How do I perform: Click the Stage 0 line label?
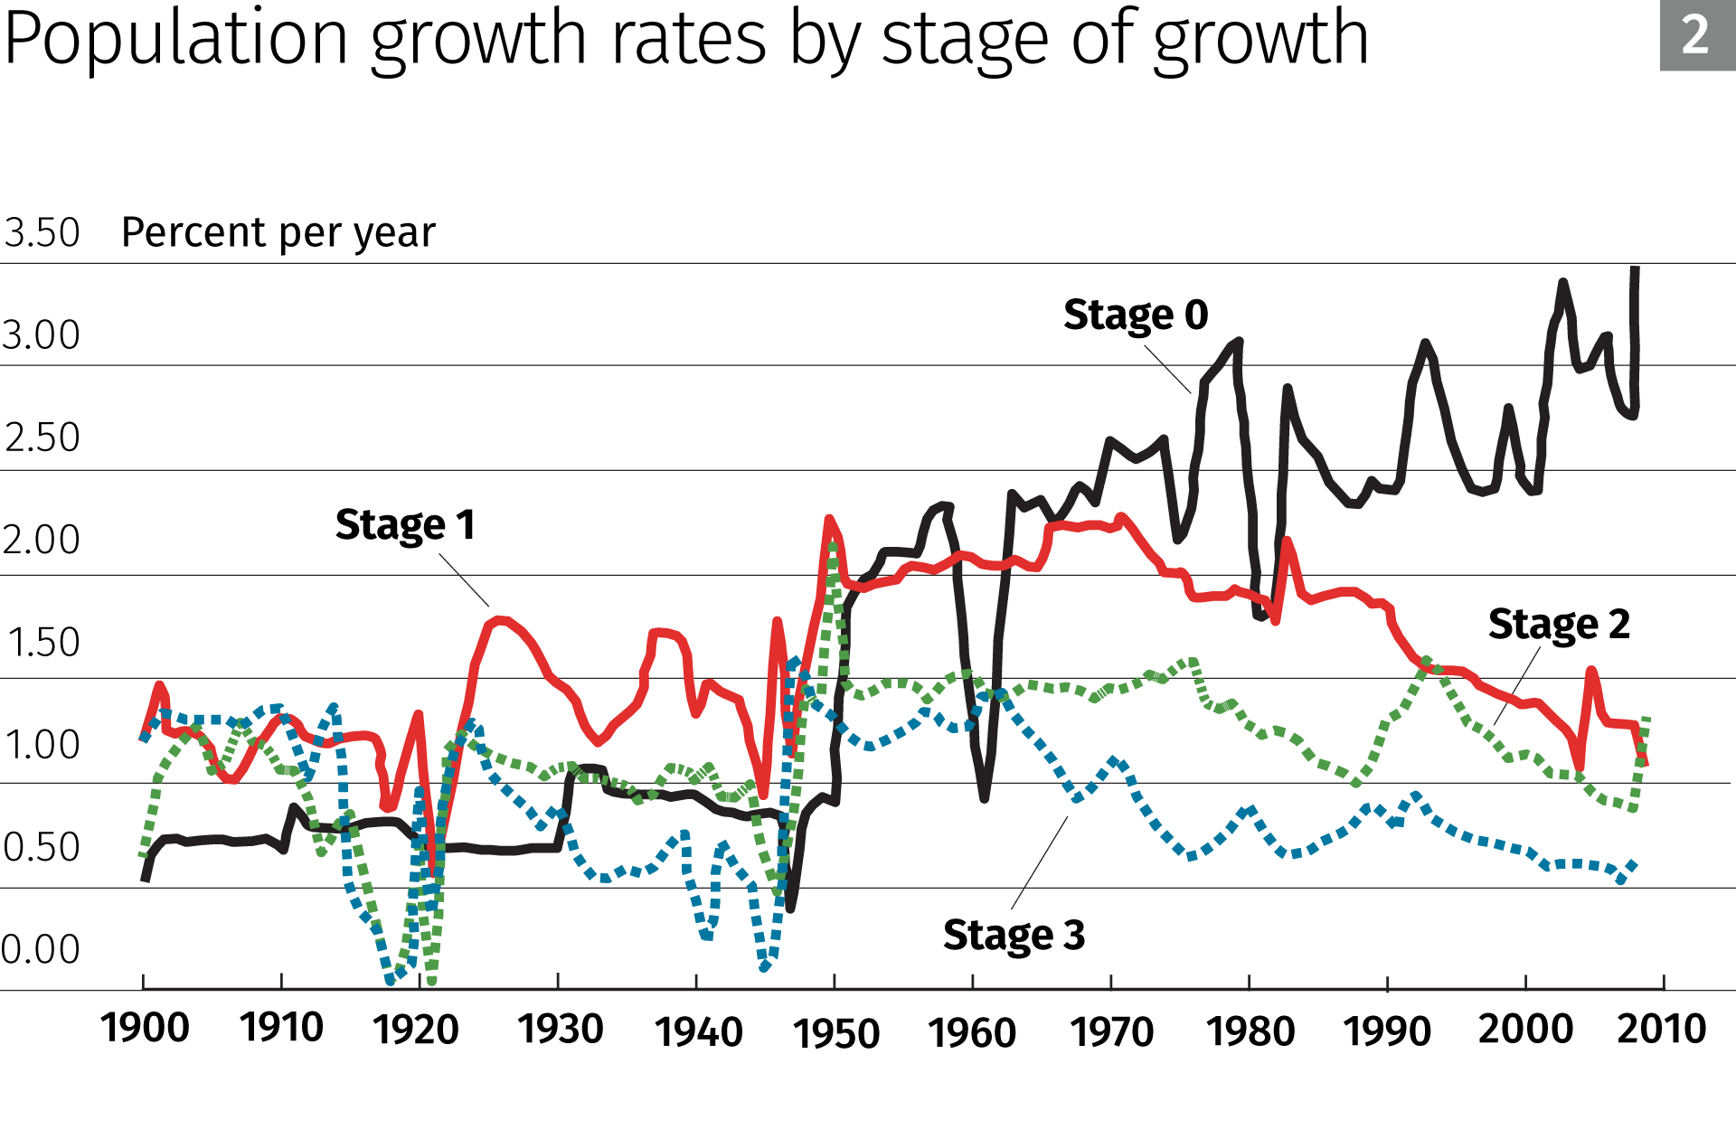1136,315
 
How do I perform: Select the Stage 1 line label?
405,524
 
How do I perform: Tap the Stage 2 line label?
1559,625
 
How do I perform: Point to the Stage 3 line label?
1014,935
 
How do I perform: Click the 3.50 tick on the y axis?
42,233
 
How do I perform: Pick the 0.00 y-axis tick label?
41,950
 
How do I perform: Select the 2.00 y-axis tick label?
42,540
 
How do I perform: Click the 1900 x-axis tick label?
145,1029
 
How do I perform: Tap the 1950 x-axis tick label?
836,1033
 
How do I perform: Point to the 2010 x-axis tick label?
1661,1030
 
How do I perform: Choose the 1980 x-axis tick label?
1250,1031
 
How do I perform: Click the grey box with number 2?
1696,36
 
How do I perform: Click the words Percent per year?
278,233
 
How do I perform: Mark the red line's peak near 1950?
829,519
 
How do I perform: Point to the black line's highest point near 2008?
1635,269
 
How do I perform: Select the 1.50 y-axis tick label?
43,643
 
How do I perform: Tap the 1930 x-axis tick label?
561,1030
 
